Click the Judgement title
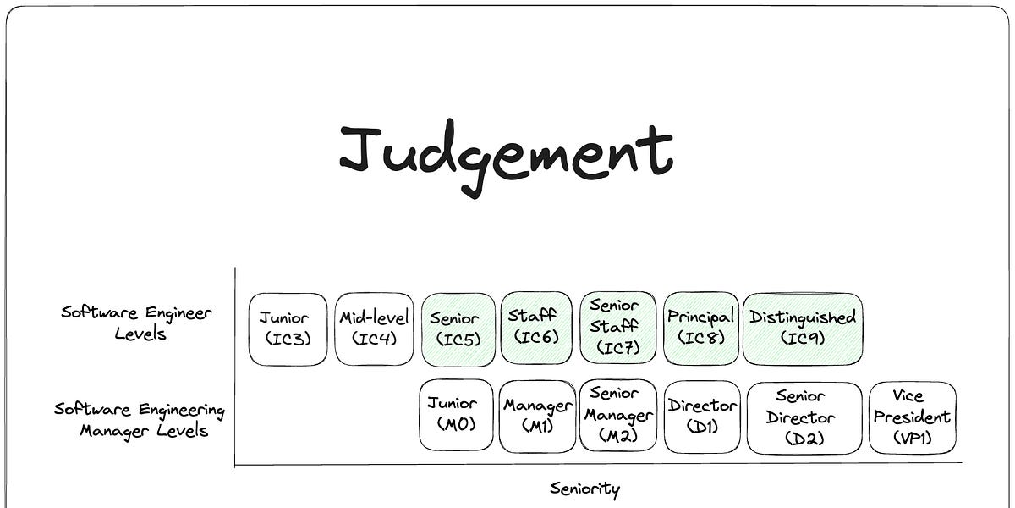point(506,155)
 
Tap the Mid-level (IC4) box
point(374,329)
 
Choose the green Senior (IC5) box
point(458,329)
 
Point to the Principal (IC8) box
point(700,329)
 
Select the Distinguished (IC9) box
point(803,329)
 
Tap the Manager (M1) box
point(538,416)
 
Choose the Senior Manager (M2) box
point(618,415)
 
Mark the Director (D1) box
point(702,416)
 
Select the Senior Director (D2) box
point(804,417)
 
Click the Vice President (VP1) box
point(912,417)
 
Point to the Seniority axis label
point(584,489)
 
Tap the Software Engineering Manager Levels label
point(140,420)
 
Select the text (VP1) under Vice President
point(912,439)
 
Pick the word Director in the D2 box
point(800,417)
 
